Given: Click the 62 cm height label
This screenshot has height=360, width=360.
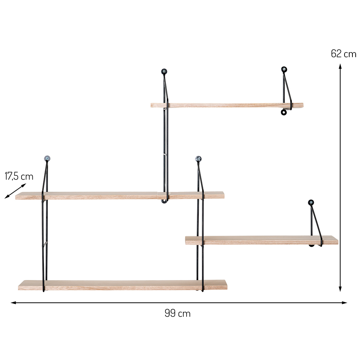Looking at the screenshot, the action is tap(343, 54).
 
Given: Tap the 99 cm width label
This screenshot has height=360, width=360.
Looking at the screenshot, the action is tap(177, 313).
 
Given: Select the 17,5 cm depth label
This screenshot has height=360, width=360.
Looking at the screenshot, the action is tap(19, 176).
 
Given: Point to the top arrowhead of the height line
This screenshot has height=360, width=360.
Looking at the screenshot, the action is tap(340, 66).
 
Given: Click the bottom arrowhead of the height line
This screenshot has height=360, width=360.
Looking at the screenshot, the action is tap(340, 289).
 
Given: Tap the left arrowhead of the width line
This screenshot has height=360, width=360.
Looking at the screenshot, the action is tap(13, 303).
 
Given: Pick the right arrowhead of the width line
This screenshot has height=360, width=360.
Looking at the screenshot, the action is tap(345, 303).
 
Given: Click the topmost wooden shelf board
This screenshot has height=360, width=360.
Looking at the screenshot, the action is tap(227, 105).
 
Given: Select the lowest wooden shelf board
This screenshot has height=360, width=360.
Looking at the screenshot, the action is tap(123, 285).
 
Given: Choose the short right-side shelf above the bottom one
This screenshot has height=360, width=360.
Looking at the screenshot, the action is tap(262, 240).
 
